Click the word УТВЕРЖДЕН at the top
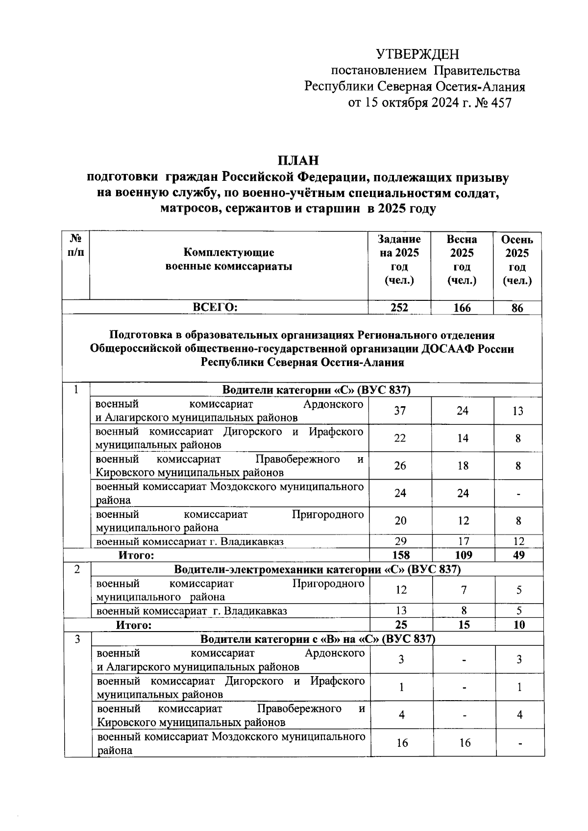click(417, 54)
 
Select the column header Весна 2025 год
click(462, 260)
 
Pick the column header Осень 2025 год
click(517, 260)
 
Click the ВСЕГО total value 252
click(399, 307)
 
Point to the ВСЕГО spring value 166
click(462, 307)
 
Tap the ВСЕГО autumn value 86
click(517, 308)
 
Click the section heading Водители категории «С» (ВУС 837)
click(316, 390)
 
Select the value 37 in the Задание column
click(400, 411)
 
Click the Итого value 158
click(400, 555)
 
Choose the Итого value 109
click(463, 555)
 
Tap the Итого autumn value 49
click(518, 555)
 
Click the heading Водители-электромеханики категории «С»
click(318, 569)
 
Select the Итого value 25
click(401, 625)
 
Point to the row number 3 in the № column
click(77, 639)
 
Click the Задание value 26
click(400, 465)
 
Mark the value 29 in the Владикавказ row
click(400, 541)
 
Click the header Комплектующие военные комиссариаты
click(229, 260)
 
